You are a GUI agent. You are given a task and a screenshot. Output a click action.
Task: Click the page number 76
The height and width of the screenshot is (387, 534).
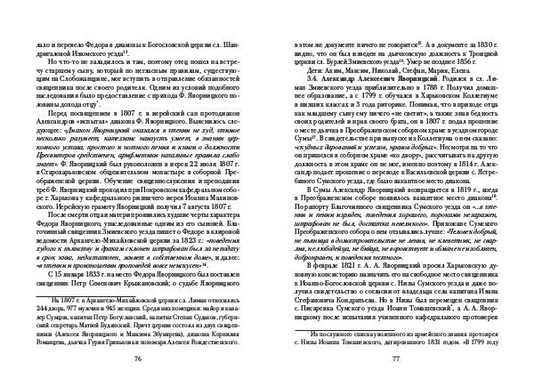138,358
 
